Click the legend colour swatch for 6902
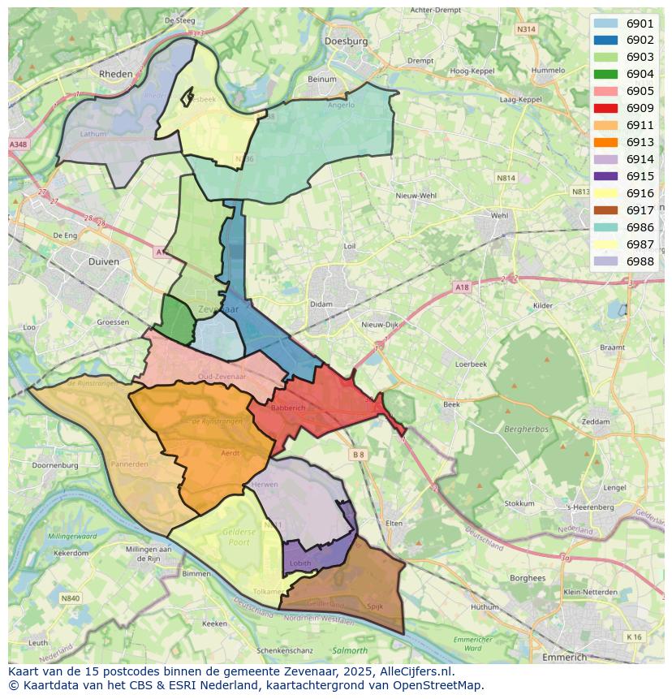(605, 40)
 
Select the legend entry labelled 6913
(640, 142)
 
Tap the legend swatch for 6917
(605, 210)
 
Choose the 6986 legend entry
(640, 227)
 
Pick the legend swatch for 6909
(605, 108)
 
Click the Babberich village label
(287, 408)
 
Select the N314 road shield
(526, 28)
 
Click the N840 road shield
(70, 598)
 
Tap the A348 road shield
(17, 144)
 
